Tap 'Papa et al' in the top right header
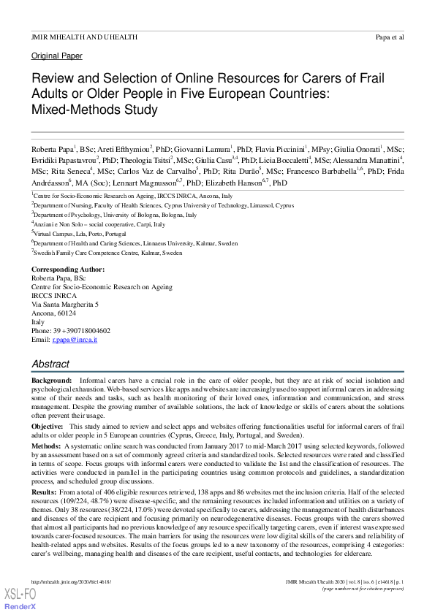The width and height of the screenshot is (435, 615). pyautogui.click(x=389, y=36)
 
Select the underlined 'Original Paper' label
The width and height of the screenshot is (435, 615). pyautogui.click(x=57, y=56)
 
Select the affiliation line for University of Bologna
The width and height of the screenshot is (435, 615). pyautogui.click(x=115, y=215)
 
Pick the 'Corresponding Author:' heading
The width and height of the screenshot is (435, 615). pyautogui.click(x=67, y=270)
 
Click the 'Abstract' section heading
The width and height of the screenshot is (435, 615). pyautogui.click(x=50, y=364)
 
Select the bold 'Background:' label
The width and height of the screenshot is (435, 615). pyautogui.click(x=51, y=381)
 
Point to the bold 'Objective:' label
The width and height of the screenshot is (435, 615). pyautogui.click(x=48, y=426)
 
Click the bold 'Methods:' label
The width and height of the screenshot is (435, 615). pyautogui.click(x=45, y=445)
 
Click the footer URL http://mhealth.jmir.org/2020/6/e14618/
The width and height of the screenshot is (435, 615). pyautogui.click(x=70, y=581)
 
